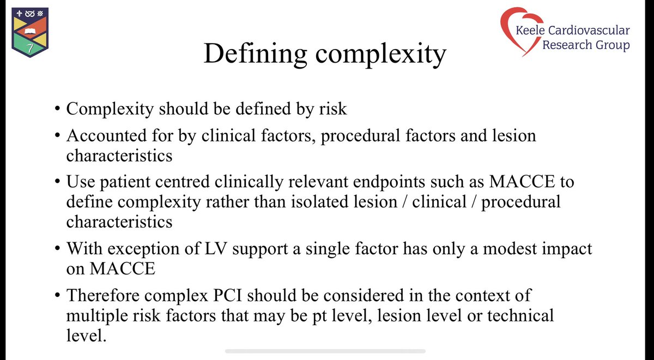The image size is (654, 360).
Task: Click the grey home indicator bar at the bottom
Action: point(325,351)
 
